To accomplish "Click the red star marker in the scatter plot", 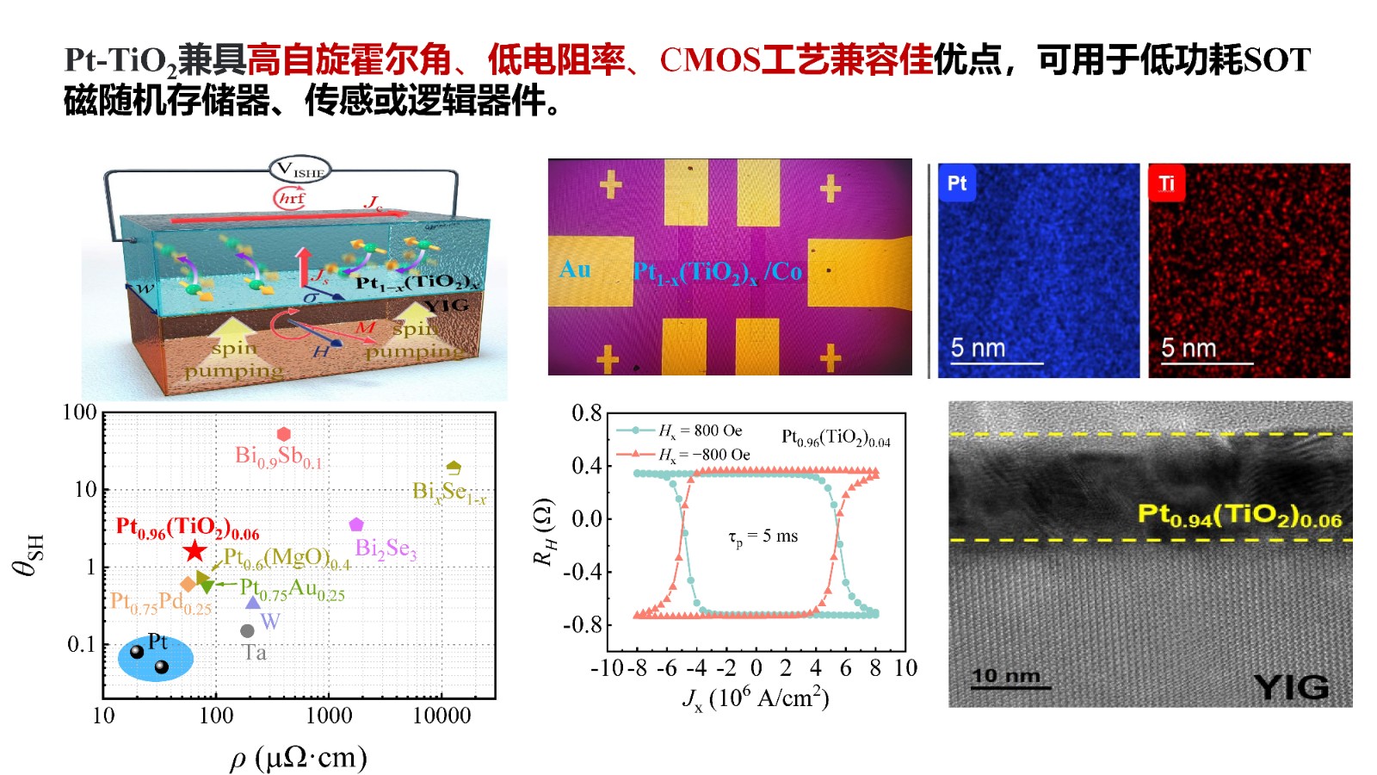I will point(195,551).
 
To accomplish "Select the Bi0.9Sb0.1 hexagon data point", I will point(284,434).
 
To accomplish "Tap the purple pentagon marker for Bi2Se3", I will point(356,524).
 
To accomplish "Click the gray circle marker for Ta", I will point(247,631).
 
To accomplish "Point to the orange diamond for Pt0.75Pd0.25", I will point(188,584).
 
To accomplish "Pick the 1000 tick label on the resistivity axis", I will point(329,716).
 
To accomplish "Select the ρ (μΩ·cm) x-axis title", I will point(299,758).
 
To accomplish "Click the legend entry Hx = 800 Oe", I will point(700,431).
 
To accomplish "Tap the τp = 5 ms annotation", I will point(763,536).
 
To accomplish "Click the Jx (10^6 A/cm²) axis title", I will point(756,698).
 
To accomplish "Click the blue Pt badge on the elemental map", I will point(957,183).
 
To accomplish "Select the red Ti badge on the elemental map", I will point(1166,183).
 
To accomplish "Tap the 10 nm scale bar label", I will point(1006,676).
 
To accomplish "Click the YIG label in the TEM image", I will point(1291,687).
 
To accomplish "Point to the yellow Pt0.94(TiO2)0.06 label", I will point(1239,515).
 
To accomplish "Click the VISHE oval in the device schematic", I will point(299,170).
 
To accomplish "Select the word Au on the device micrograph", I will point(575,270).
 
